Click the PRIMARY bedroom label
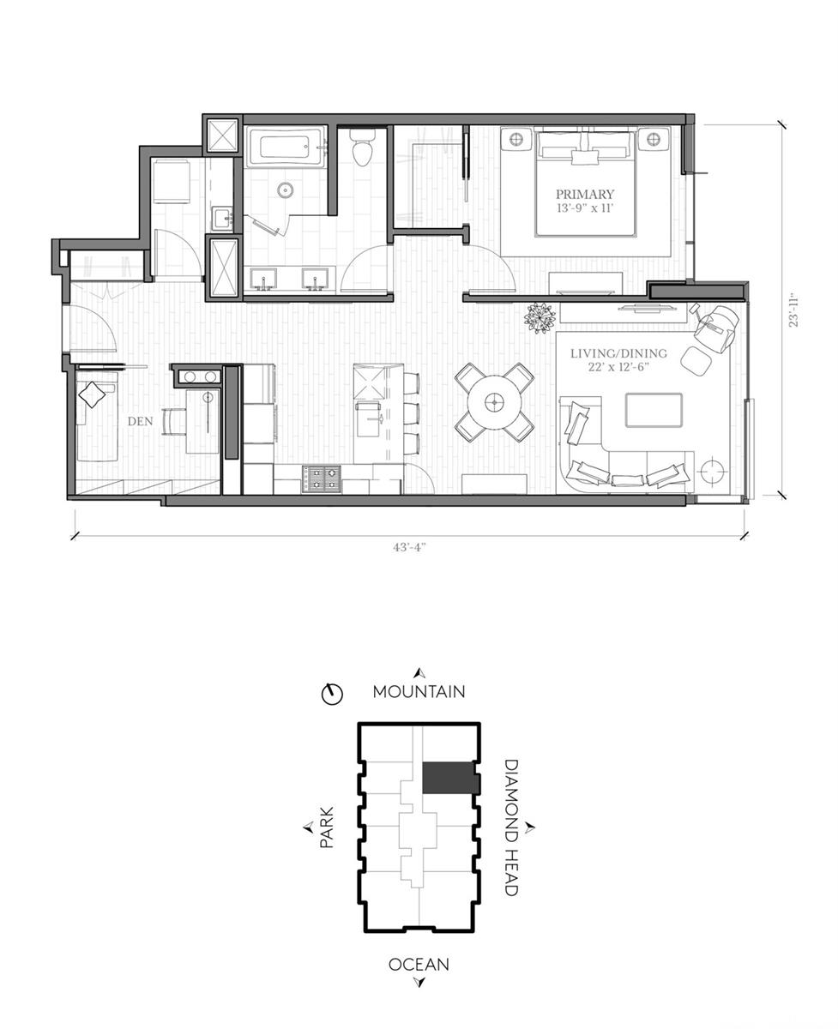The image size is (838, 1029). click(x=585, y=194)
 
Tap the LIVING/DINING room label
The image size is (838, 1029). click(x=618, y=353)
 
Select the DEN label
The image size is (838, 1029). click(x=140, y=421)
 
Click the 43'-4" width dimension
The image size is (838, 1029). click(x=409, y=548)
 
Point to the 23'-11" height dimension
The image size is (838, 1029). click(x=793, y=310)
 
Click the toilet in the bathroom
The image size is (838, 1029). click(x=363, y=147)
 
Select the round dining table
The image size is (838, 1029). click(x=494, y=401)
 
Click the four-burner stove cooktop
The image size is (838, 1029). click(x=322, y=478)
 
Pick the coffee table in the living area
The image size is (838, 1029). click(x=654, y=410)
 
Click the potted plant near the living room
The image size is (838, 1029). click(x=540, y=317)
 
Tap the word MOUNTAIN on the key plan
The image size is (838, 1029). click(x=419, y=692)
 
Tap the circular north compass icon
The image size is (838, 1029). click(x=332, y=695)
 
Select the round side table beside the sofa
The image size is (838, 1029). click(x=712, y=468)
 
